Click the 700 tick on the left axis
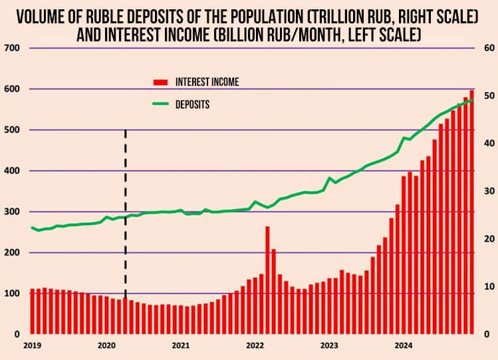12,48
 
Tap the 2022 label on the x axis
255,345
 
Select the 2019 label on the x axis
32,345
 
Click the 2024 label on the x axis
402,345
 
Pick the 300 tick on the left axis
12,212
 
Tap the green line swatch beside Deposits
162,104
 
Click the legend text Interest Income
207,83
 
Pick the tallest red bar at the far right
472,213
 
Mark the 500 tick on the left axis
12,130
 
